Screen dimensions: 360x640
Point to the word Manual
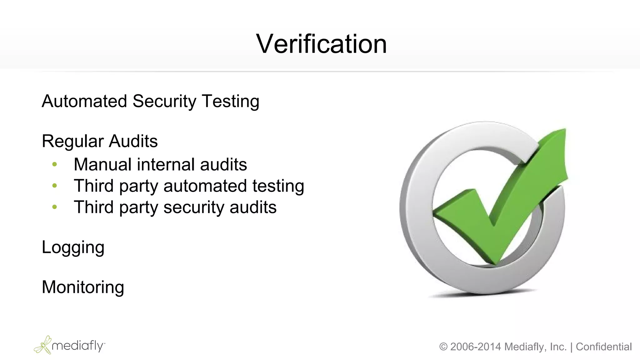point(102,164)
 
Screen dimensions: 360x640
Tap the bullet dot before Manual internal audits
point(55,164)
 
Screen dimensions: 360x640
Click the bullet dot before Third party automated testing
point(55,186)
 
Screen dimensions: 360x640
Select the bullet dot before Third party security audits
point(55,207)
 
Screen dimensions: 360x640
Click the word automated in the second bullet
point(205,186)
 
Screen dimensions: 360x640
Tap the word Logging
point(73,248)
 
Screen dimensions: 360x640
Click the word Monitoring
point(83,287)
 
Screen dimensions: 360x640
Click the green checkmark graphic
point(500,200)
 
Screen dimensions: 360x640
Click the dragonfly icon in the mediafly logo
point(43,345)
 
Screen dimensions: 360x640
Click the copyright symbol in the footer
point(443,347)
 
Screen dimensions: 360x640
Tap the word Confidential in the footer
point(604,347)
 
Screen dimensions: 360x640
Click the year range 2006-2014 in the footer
point(476,347)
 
